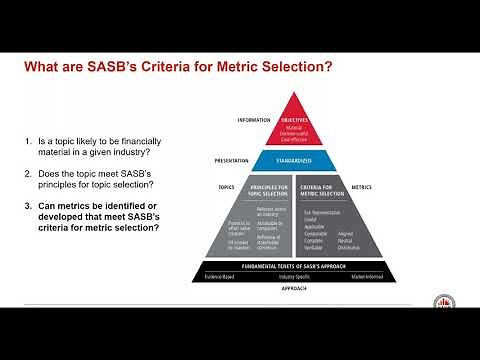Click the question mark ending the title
[330, 68]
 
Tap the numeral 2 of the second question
[29, 174]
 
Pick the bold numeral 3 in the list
[29, 206]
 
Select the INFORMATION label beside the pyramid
[254, 120]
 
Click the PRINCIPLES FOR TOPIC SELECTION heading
[270, 189]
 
